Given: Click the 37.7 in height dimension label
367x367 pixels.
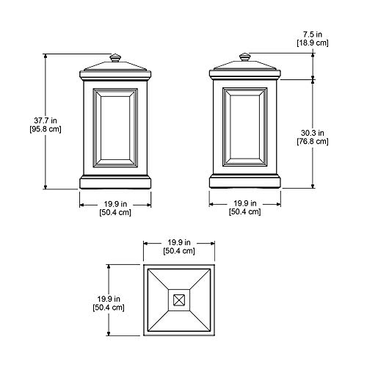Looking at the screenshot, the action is [x=46, y=120].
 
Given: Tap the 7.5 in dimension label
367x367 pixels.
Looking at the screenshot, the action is [x=313, y=34].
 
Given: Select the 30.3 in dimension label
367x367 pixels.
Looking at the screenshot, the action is [x=313, y=133].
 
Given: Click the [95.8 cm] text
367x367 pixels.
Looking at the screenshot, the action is [x=46, y=129].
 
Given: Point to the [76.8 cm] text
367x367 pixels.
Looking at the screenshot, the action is [x=313, y=142].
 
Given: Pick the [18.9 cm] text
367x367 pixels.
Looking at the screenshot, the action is [x=313, y=43].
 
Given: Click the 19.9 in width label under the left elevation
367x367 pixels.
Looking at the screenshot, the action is [x=115, y=204].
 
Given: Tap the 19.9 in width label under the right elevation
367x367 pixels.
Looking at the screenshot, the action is [x=245, y=203].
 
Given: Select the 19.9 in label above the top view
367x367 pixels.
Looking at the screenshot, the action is [x=179, y=242].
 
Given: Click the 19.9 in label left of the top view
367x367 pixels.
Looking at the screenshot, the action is [x=109, y=299].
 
